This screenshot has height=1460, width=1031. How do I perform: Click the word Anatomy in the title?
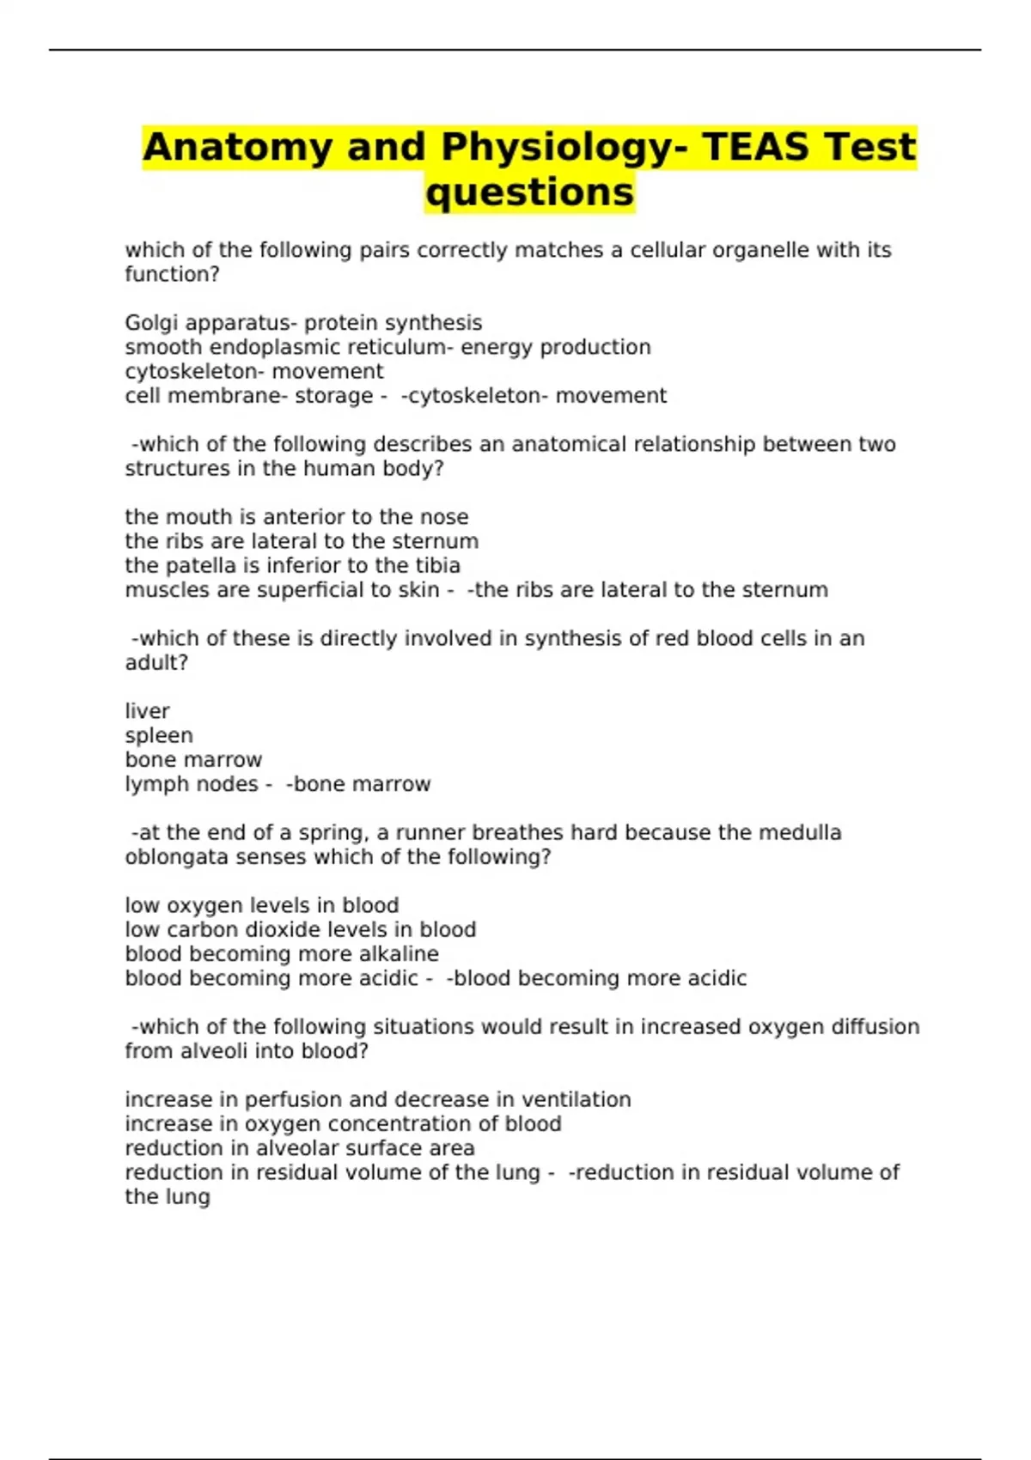(x=236, y=147)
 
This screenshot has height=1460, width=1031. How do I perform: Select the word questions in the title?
(x=529, y=192)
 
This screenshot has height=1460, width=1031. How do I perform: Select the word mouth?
(x=190, y=517)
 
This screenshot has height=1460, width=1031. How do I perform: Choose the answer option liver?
(x=147, y=711)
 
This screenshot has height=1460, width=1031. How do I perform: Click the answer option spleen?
(x=159, y=736)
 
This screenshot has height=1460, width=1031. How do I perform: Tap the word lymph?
(x=153, y=784)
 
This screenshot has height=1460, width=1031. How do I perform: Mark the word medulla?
(x=801, y=832)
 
